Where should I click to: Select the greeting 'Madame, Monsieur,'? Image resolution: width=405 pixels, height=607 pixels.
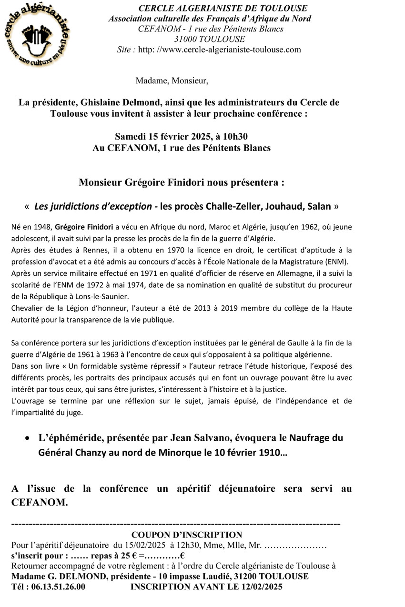pos(172,81)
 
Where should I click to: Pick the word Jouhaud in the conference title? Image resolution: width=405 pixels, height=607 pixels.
pos(280,207)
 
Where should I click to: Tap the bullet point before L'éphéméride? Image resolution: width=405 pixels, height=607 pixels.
pos(29,438)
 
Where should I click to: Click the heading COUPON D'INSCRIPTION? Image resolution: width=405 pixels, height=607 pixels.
pos(187,535)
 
